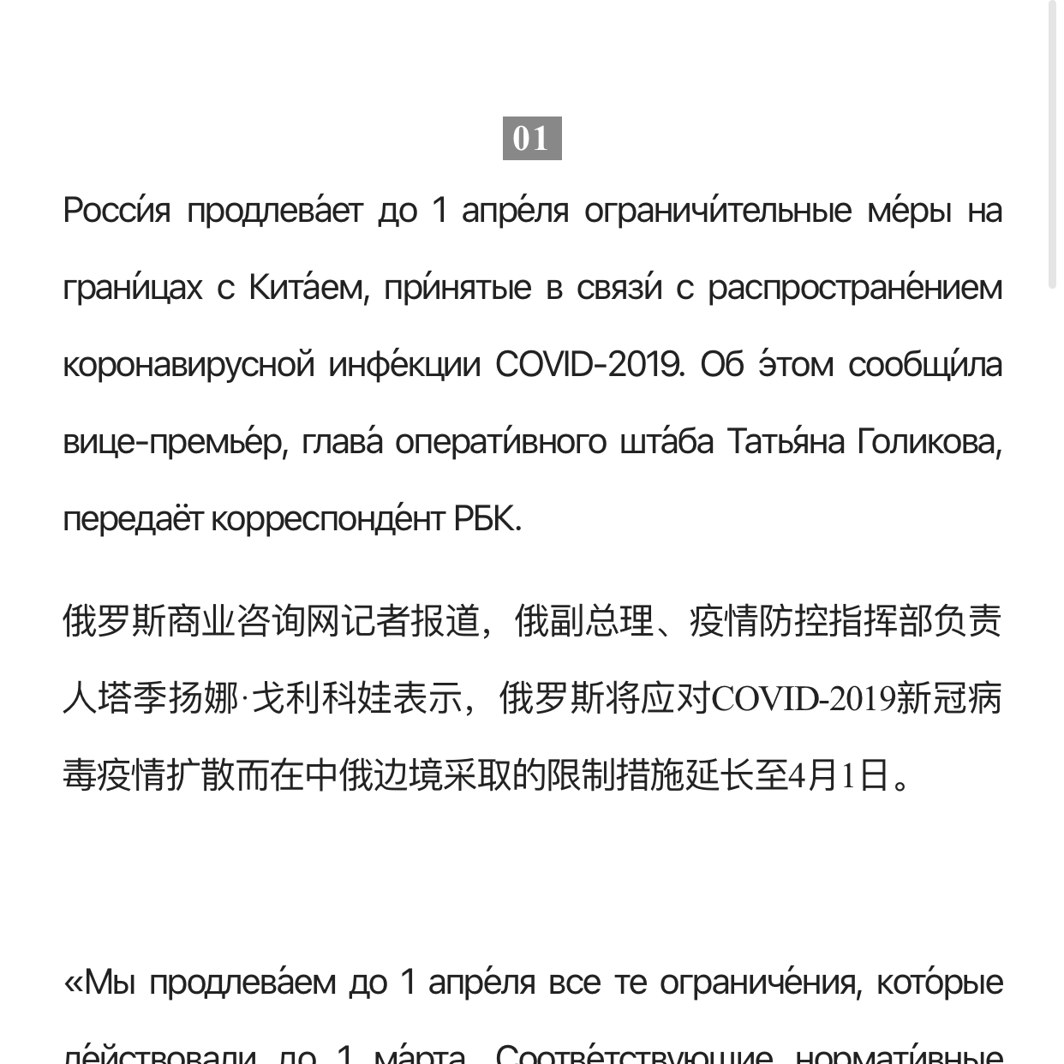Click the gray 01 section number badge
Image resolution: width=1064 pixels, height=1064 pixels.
[x=531, y=138]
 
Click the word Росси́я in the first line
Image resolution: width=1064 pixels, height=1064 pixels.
[x=117, y=211]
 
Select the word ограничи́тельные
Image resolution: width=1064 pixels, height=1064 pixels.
[x=718, y=211]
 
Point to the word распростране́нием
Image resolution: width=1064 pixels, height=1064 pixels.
[x=854, y=288]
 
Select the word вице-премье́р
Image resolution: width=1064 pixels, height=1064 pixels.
[x=173, y=442]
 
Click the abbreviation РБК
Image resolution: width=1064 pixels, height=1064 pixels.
[x=487, y=519]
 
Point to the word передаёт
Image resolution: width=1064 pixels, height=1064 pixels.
[x=133, y=519]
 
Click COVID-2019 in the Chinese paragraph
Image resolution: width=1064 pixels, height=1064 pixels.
[x=804, y=699]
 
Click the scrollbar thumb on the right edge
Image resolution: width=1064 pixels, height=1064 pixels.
[x=1052, y=146]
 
